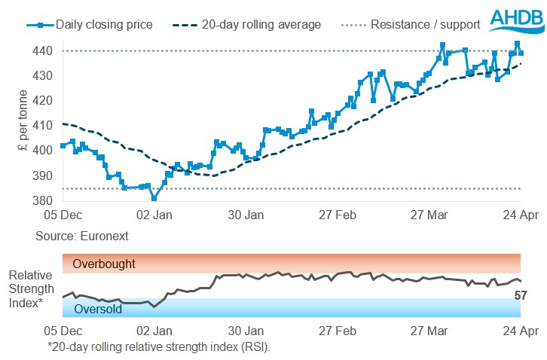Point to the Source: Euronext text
(81, 236)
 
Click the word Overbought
(104, 264)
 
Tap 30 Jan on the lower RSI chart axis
(246, 330)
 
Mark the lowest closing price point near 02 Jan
(154, 198)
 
